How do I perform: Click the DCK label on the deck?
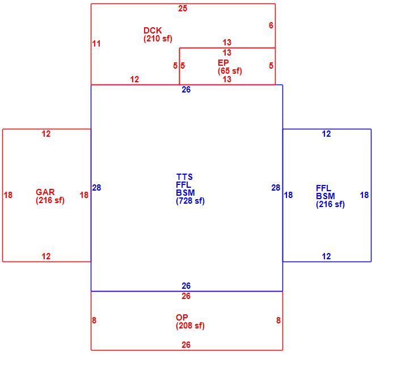pos(153,31)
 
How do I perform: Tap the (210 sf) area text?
pos(158,39)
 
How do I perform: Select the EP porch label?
pos(223,62)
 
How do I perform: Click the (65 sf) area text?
pos(230,71)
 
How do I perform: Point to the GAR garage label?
pos(45,192)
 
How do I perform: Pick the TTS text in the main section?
pos(184,177)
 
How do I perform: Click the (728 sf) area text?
pos(190,201)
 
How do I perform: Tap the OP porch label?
pos(182,318)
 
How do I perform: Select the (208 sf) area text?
pos(190,326)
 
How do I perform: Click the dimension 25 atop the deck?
pos(183,9)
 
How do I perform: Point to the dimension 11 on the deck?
pos(96,44)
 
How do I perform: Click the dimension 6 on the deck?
pos(271,26)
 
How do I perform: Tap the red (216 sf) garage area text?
pos(50,200)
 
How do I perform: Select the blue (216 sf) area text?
pos(330,204)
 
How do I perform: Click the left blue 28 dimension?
pos(96,188)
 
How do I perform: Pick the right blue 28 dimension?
pos(276,188)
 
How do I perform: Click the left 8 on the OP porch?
pos(94,321)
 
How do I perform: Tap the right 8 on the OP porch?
pos(278,321)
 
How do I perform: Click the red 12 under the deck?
pos(134,79)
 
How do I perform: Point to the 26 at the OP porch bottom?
pos(186,345)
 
